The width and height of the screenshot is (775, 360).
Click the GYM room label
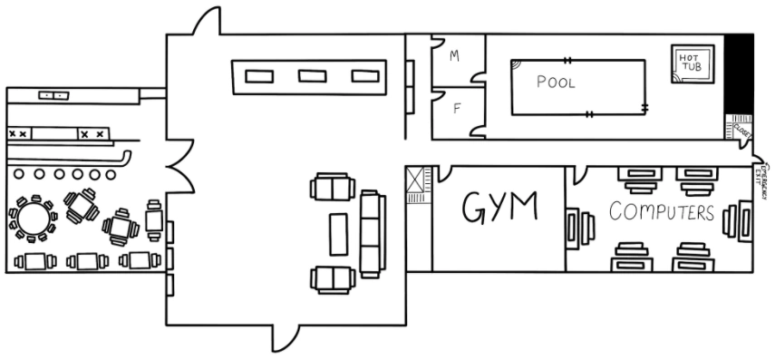pyautogui.click(x=499, y=208)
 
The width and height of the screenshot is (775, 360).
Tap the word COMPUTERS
pyautogui.click(x=662, y=214)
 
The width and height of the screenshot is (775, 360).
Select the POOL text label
pyautogui.click(x=556, y=82)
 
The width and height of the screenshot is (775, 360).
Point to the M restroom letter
pyautogui.click(x=454, y=56)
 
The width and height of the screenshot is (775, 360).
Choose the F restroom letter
pyautogui.click(x=457, y=110)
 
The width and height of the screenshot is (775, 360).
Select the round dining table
pyautogui.click(x=30, y=219)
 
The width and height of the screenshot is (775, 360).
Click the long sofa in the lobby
pyautogui.click(x=371, y=233)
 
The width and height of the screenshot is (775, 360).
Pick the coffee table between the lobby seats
pyautogui.click(x=339, y=233)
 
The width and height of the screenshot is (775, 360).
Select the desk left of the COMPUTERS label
pyautogui.click(x=578, y=226)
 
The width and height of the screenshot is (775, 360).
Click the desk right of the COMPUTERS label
pyautogui.click(x=742, y=222)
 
